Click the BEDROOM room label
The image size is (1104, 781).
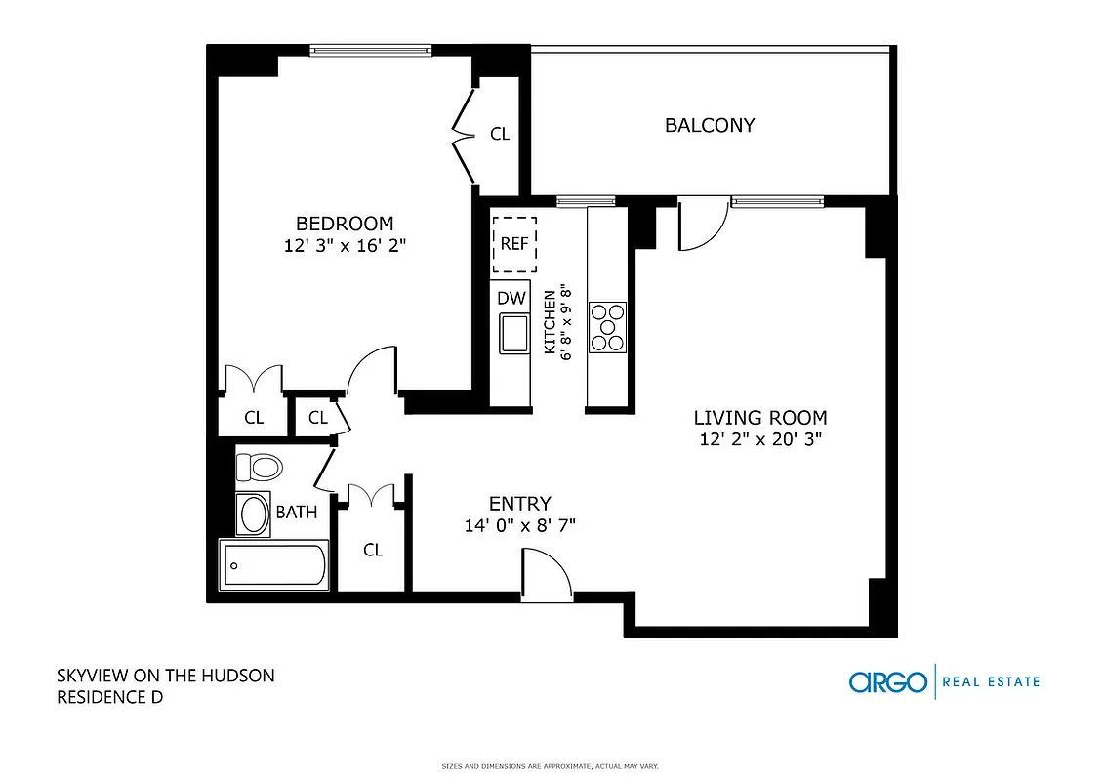tap(345, 223)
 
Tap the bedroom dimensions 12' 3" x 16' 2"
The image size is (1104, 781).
tap(345, 246)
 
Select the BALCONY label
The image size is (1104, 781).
tap(710, 125)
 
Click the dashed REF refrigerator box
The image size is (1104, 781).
tap(514, 244)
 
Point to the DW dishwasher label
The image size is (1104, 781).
tap(511, 298)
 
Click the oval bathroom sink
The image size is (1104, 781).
tap(255, 514)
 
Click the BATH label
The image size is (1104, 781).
tap(296, 512)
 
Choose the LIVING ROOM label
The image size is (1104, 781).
tap(760, 418)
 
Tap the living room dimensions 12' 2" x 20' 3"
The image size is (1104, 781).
tap(760, 439)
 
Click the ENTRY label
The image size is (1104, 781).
tap(519, 504)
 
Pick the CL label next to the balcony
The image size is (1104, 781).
tap(500, 134)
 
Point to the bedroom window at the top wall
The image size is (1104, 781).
tap(370, 50)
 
